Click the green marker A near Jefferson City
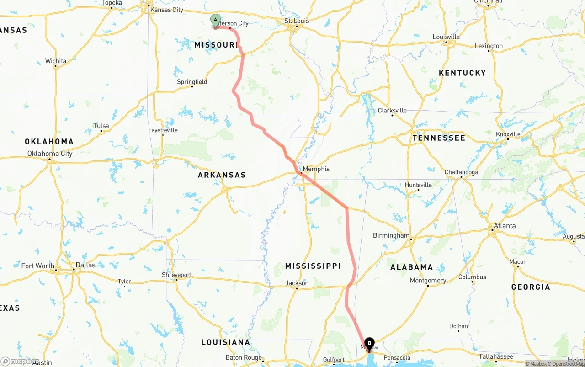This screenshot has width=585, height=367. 215,20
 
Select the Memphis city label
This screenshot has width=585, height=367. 316,169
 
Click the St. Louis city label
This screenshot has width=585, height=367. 297,21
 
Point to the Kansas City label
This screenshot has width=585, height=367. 166,10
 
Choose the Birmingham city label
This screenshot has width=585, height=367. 391,235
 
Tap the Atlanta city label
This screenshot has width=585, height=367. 505,226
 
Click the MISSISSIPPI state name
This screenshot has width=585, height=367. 313,266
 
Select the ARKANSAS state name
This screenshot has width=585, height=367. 222,175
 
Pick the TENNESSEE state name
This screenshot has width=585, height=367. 439,138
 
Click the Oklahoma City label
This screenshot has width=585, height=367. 50,154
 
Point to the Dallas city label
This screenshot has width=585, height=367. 85,265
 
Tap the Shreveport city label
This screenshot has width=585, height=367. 177,275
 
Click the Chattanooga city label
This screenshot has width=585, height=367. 461,172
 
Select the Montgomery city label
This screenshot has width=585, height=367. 428,281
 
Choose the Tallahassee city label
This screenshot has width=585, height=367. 496,356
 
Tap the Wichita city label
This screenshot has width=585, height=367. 55,61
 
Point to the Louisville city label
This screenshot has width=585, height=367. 446,37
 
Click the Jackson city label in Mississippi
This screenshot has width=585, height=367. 297,283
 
